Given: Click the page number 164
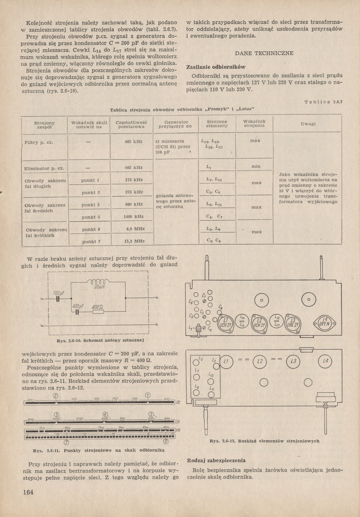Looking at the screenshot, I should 28,492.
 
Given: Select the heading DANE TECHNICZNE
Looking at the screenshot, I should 264,53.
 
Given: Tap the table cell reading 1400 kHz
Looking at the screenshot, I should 134,216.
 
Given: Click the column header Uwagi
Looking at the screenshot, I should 308,124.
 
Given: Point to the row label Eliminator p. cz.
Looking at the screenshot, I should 44,168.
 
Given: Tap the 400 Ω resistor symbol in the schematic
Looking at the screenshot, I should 98,312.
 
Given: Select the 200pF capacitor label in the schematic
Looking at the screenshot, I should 59,293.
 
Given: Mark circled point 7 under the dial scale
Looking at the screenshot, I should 66,442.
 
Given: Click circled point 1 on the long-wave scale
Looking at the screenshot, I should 148,395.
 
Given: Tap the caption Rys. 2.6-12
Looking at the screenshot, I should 264,441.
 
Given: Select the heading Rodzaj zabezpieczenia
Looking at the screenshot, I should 216,460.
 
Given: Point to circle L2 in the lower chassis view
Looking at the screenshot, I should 260,361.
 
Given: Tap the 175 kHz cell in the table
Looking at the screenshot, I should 134,180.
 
